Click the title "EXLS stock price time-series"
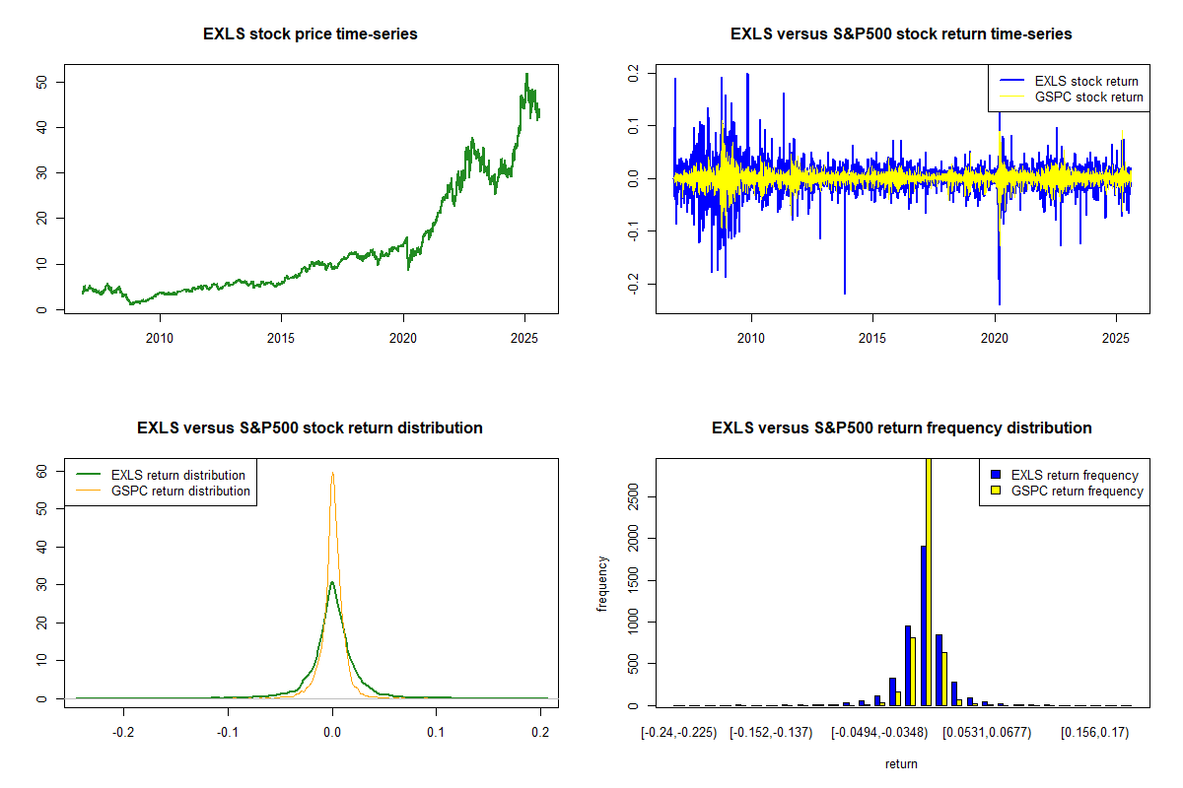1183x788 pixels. click(x=311, y=34)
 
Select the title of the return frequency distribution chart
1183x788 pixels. click(x=901, y=428)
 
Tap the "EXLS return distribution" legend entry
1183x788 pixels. click(x=178, y=475)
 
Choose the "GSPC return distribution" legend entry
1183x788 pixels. click(x=180, y=491)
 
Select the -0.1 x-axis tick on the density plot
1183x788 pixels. click(x=228, y=732)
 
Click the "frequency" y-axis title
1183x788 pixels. click(x=602, y=584)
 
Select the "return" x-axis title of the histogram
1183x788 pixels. click(x=901, y=763)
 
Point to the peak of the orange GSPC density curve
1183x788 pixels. click(x=332, y=473)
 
